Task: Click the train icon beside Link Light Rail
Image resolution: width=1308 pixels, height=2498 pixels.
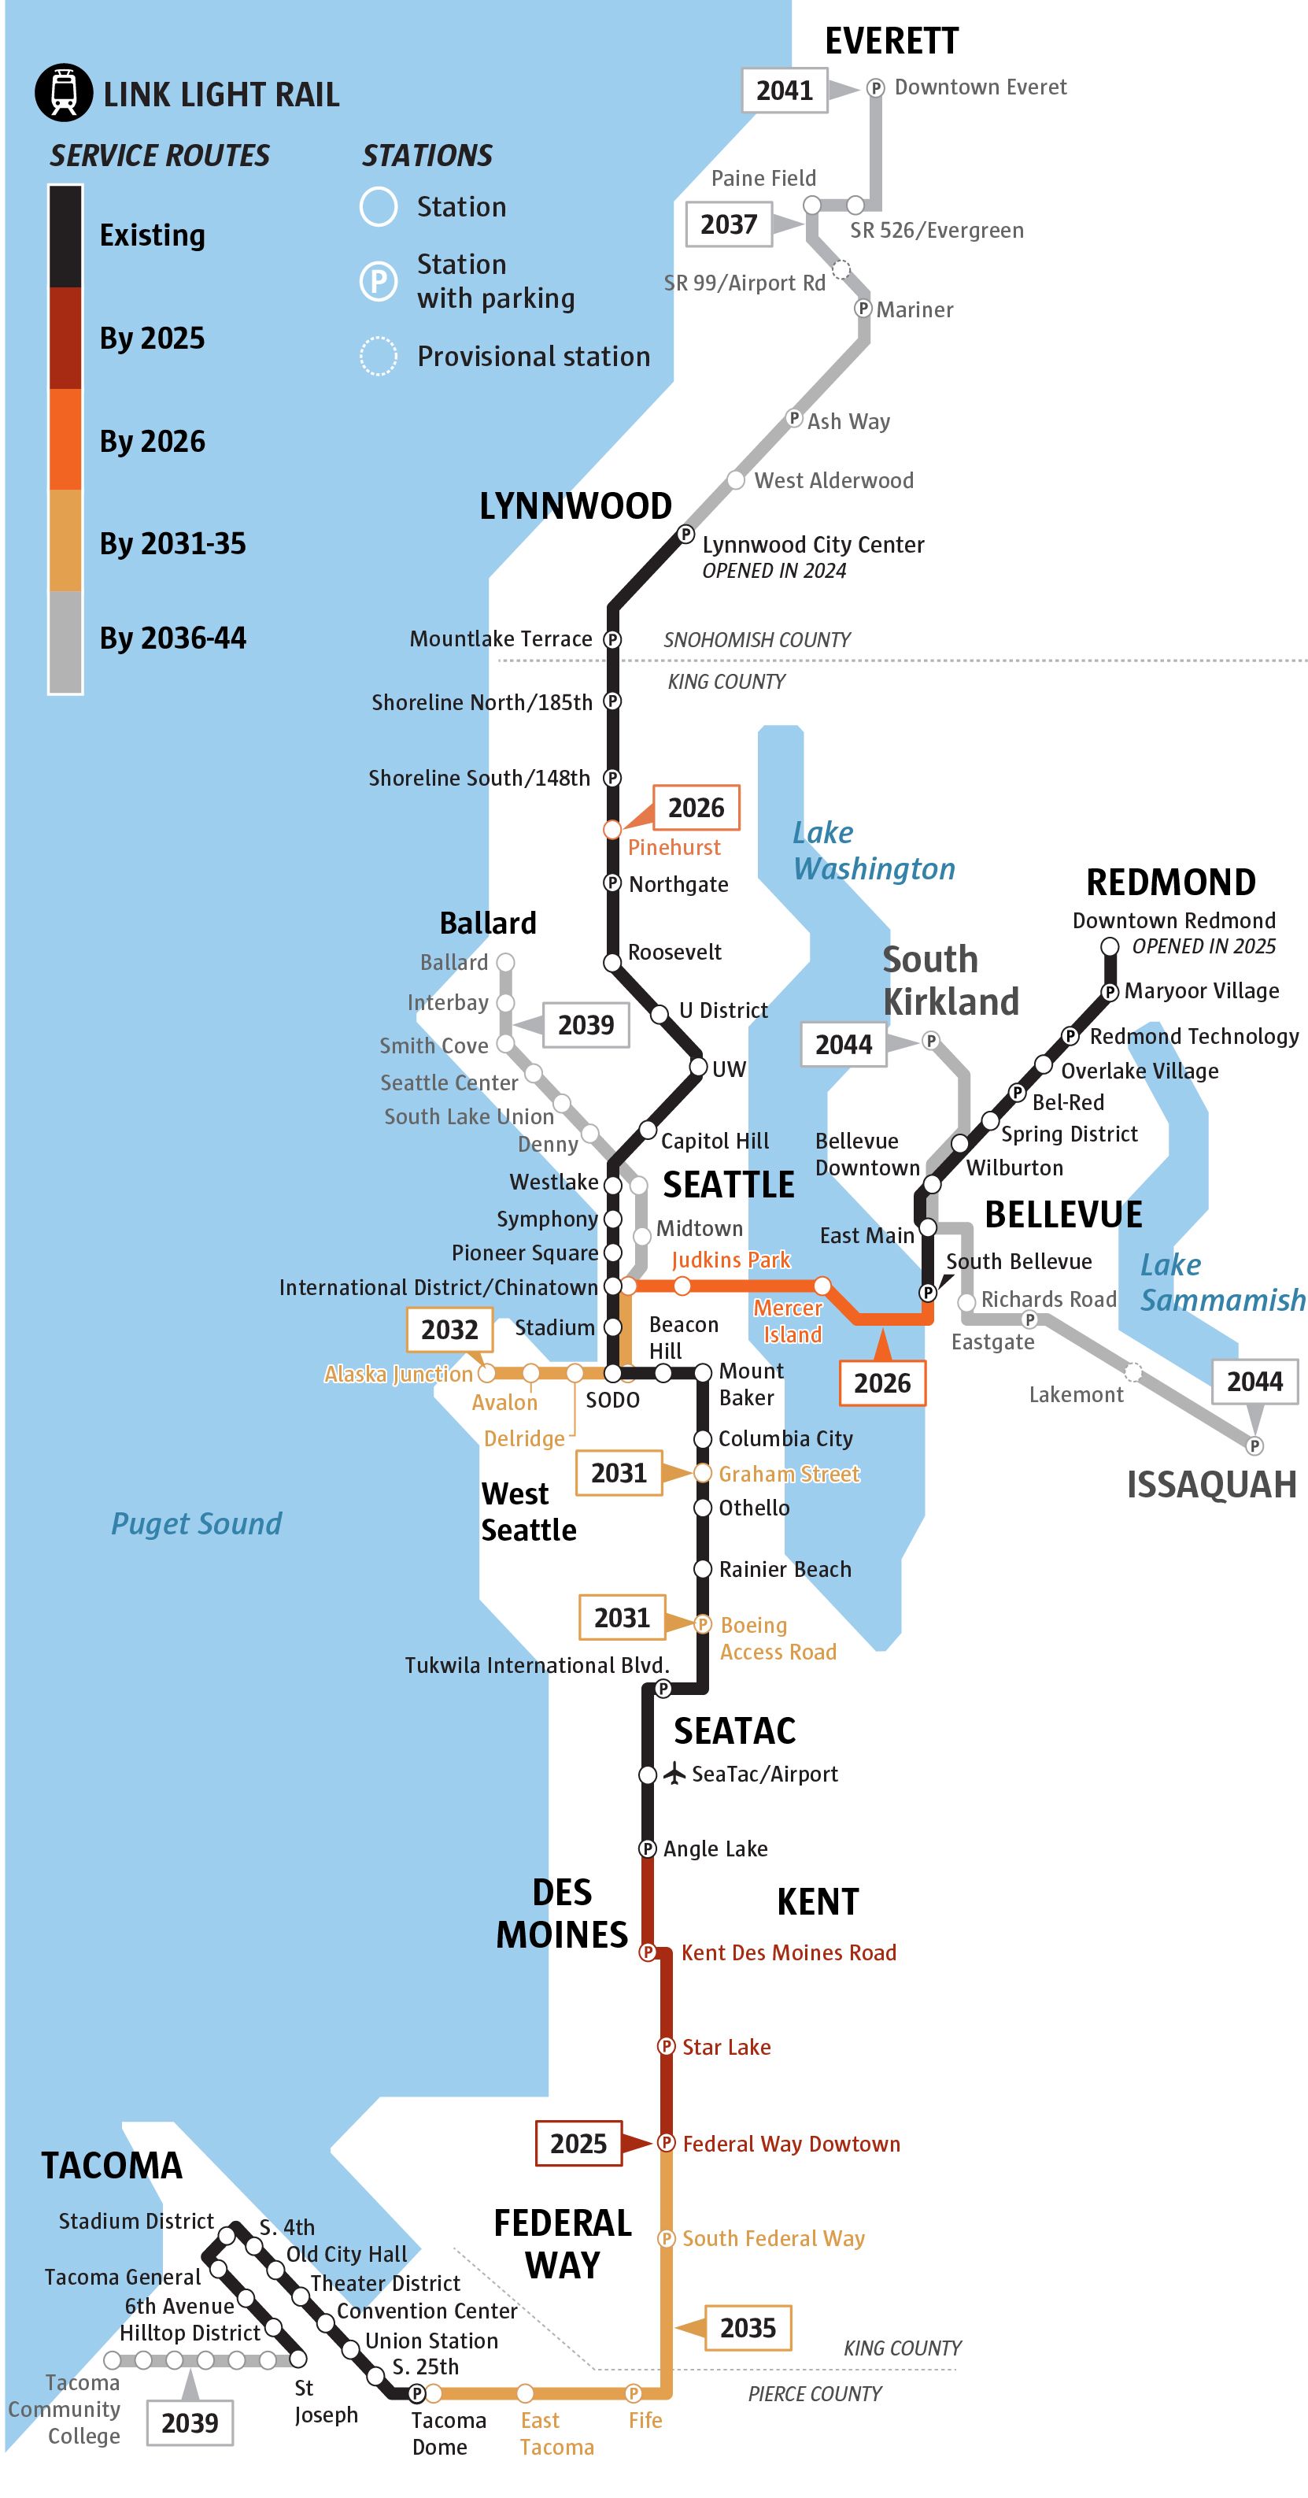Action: click(x=64, y=93)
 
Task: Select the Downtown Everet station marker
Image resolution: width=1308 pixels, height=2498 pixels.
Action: click(x=874, y=88)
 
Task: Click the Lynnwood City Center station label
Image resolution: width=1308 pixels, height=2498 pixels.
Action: click(x=812, y=545)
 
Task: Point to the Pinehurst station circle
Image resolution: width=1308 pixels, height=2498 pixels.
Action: click(x=612, y=830)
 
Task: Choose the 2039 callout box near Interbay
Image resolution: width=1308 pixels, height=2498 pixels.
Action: click(x=586, y=1025)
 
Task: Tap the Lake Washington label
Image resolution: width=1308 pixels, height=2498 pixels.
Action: click(x=873, y=850)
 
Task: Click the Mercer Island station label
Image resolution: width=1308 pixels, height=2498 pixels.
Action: click(x=789, y=1321)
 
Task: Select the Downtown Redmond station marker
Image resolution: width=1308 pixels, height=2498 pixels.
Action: click(x=1110, y=946)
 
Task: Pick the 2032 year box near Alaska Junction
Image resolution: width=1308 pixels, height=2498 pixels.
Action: click(x=449, y=1330)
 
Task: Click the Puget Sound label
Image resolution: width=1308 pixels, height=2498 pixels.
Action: click(x=196, y=1523)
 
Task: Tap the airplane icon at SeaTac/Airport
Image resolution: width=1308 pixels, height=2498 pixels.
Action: click(x=674, y=1774)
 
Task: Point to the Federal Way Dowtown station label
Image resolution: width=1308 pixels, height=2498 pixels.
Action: click(x=791, y=2144)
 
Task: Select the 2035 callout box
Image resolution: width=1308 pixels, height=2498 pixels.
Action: click(x=748, y=2327)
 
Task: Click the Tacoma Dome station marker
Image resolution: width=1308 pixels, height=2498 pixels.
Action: click(x=417, y=2393)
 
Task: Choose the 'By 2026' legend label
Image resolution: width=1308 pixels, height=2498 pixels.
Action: click(x=152, y=441)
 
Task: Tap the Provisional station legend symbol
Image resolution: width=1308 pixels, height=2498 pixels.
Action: click(x=378, y=356)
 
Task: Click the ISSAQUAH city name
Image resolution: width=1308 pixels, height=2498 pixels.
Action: click(x=1211, y=1485)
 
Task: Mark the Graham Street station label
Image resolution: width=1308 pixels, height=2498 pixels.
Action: click(x=789, y=1474)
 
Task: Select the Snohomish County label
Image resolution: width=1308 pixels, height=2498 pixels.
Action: click(x=756, y=640)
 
